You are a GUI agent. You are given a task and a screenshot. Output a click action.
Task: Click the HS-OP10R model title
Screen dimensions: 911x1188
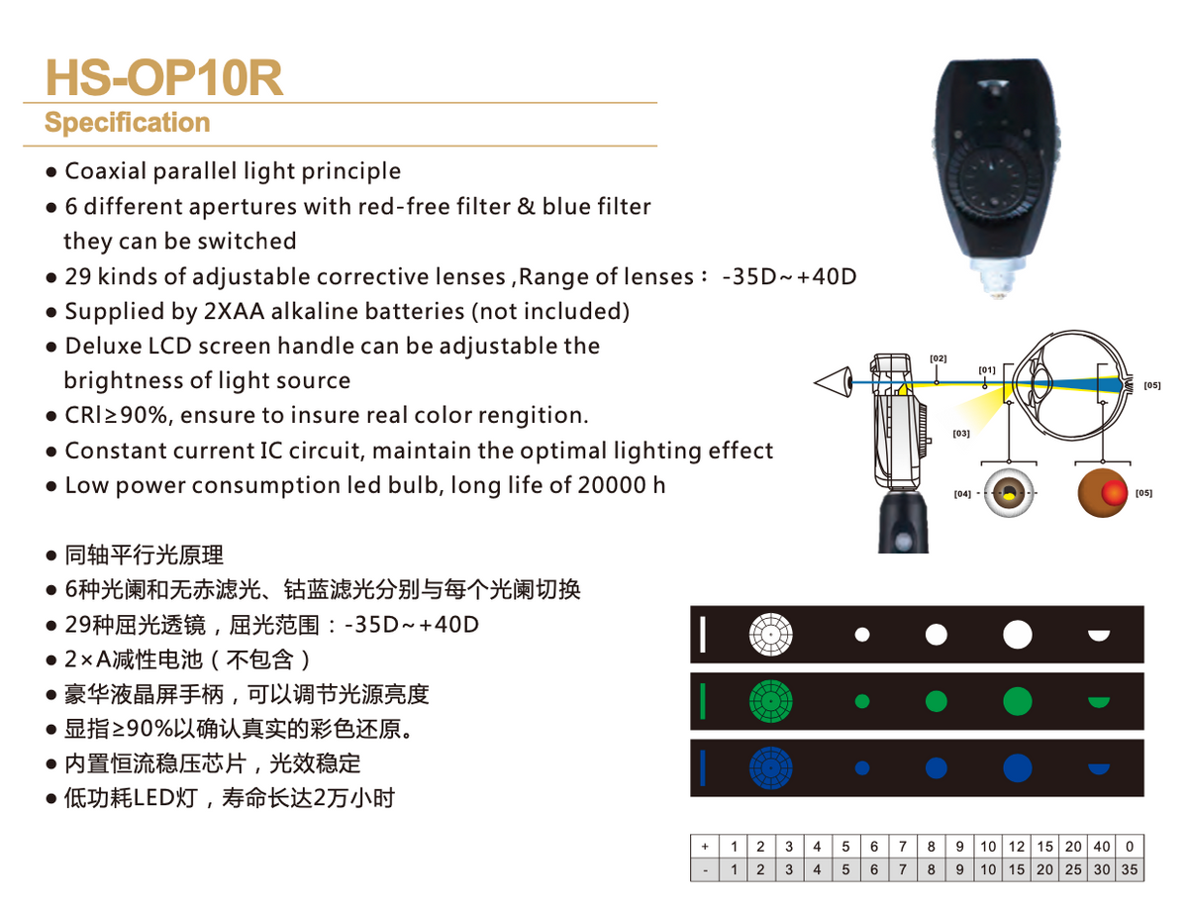click(x=164, y=78)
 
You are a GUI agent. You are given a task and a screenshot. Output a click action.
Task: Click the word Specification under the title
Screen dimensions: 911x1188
click(x=127, y=123)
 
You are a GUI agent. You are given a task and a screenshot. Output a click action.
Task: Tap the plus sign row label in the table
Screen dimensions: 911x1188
click(x=704, y=847)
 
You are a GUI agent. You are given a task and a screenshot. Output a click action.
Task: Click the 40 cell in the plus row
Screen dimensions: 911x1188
click(x=1102, y=847)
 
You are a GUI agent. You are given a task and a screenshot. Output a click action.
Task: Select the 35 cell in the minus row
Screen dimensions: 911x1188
click(x=1130, y=870)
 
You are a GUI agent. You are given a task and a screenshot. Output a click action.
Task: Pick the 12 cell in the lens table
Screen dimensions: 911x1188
click(x=1017, y=847)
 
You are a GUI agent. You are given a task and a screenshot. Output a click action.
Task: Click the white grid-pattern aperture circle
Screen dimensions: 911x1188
click(x=772, y=635)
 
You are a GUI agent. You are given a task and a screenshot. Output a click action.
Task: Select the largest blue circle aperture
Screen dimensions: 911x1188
click(x=1017, y=767)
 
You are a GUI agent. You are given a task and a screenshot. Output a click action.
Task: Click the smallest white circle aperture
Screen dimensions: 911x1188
click(x=862, y=635)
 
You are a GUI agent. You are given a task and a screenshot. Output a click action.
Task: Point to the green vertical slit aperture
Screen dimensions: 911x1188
click(x=702, y=701)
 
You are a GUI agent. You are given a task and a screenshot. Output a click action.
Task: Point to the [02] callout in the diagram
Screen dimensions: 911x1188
click(x=939, y=357)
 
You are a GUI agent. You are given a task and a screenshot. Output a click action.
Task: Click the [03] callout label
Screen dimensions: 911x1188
click(x=960, y=433)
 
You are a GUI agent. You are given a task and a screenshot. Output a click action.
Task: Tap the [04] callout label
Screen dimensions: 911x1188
click(x=961, y=493)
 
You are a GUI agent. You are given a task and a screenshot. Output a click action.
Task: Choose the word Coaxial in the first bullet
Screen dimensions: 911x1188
click(x=107, y=171)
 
